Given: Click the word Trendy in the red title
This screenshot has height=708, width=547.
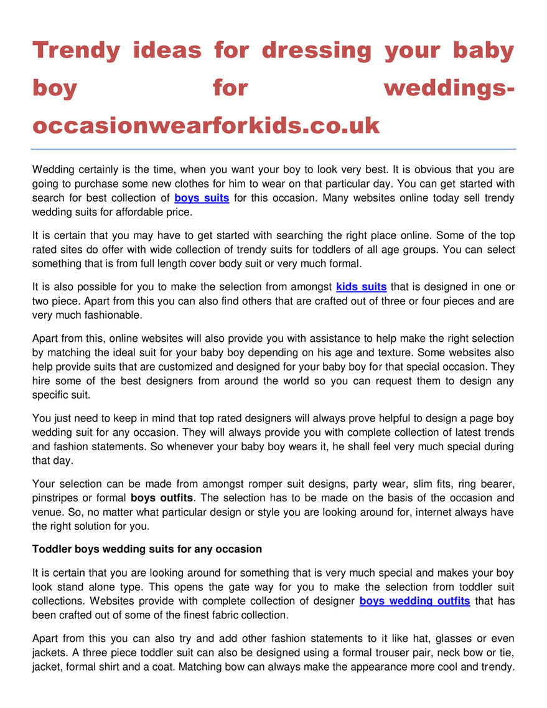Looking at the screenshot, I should coord(76,50).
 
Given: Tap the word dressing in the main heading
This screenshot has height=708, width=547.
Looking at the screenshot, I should coord(316,50).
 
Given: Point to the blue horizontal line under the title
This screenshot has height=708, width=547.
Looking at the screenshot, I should coord(274,149).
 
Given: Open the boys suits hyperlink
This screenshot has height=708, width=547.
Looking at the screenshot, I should coord(202,198).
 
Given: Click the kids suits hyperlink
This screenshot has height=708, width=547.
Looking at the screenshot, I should coord(361,286).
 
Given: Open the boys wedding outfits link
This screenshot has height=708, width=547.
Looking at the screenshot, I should coord(414,601).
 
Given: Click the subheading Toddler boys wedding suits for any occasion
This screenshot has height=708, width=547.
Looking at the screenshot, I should coord(147,549).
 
